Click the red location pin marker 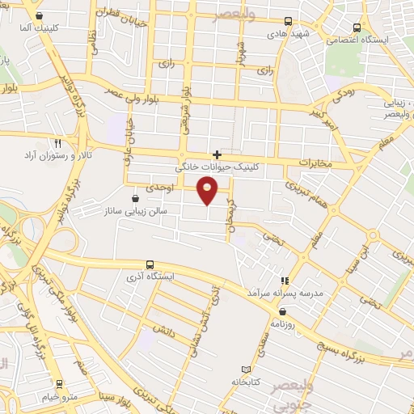click(x=208, y=191)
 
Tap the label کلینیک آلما click(x=56, y=27)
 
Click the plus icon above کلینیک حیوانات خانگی click(x=217, y=154)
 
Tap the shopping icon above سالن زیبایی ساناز click(x=134, y=197)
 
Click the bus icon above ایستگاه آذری click(x=150, y=264)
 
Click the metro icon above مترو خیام click(x=59, y=385)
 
